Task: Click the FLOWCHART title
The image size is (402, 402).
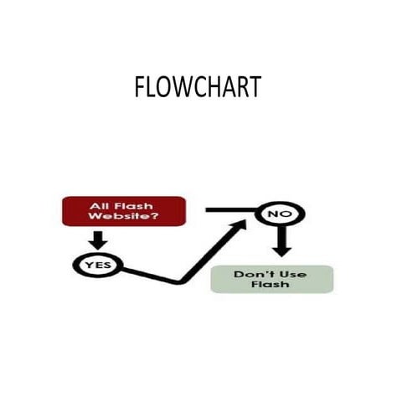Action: tap(198, 87)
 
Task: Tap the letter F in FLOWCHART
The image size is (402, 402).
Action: tap(139, 87)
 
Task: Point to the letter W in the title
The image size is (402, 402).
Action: tap(178, 87)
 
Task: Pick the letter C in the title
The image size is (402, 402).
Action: tap(198, 87)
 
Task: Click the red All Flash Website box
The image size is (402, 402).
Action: tap(124, 211)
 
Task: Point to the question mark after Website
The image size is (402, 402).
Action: tap(156, 217)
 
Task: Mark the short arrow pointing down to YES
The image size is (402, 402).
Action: tap(99, 240)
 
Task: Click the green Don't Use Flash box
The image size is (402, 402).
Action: tap(271, 279)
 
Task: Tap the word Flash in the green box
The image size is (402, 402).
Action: tap(271, 285)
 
